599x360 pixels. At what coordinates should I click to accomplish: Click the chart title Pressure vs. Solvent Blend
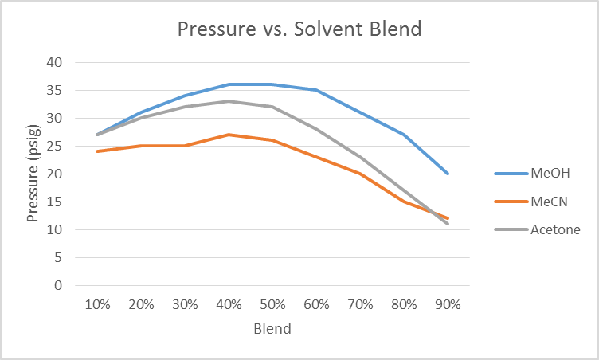click(x=299, y=29)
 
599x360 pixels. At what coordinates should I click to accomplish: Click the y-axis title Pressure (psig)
click(x=33, y=173)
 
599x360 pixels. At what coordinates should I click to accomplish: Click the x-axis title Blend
click(x=272, y=328)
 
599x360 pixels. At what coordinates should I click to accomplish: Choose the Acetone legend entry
click(x=555, y=230)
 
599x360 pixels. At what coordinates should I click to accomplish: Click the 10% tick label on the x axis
click(x=97, y=304)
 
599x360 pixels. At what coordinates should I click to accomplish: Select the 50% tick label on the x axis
click(x=272, y=304)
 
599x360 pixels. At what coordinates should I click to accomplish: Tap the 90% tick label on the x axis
click(x=448, y=304)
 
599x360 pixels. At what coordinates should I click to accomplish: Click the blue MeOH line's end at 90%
click(x=448, y=174)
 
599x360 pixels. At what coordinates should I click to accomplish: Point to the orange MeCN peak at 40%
click(x=229, y=135)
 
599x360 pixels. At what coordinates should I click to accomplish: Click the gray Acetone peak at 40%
click(x=229, y=101)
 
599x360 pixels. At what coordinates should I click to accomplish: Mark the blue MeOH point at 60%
click(x=316, y=90)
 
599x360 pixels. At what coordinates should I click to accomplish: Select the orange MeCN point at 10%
click(x=97, y=151)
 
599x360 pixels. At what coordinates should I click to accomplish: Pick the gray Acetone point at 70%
click(x=360, y=157)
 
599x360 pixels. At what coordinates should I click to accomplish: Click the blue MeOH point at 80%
click(x=404, y=135)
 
